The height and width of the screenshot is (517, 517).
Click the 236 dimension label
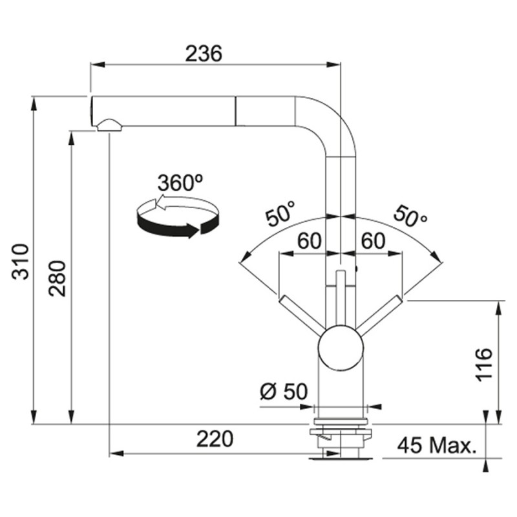click(204, 54)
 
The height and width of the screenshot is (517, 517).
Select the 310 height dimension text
click(21, 262)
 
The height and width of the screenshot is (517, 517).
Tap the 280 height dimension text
click(58, 279)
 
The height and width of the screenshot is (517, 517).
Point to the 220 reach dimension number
click(215, 439)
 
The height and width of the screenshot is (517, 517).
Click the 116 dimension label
click(483, 364)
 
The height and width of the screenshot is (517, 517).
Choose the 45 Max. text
click(438, 445)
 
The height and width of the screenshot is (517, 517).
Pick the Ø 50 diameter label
click(284, 392)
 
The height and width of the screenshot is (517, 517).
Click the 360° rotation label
click(180, 182)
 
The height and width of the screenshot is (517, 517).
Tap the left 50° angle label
click(280, 214)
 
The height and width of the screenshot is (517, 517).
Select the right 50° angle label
click(410, 216)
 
